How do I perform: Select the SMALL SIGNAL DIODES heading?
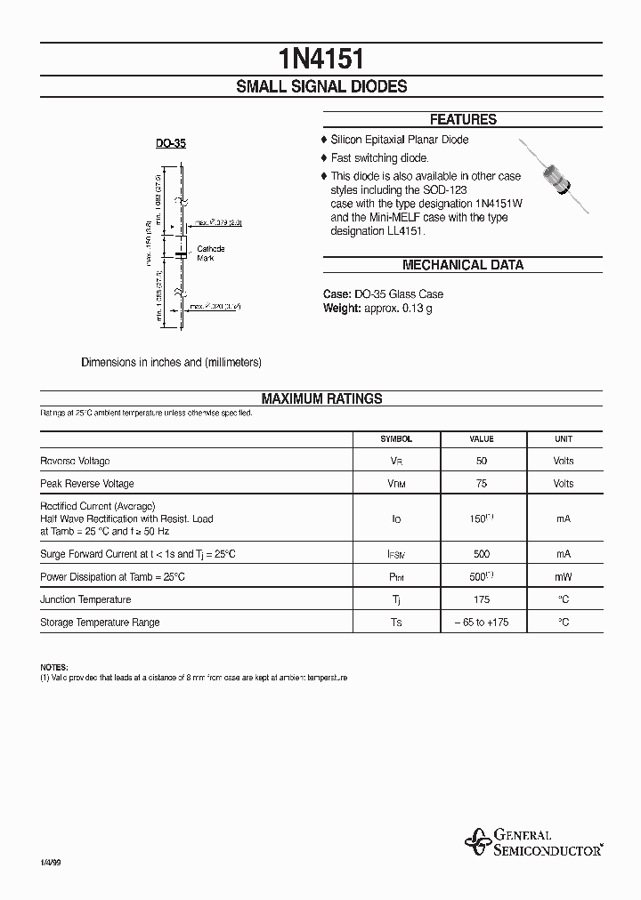click(x=320, y=86)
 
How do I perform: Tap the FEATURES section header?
click(x=462, y=119)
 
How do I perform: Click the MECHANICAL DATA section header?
click(x=462, y=265)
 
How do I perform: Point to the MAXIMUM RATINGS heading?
click(x=321, y=399)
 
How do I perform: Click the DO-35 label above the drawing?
click(x=170, y=142)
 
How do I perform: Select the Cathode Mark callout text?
click(x=211, y=253)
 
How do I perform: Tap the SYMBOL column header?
click(x=396, y=438)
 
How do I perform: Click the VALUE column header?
click(x=482, y=438)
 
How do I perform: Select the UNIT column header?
click(x=564, y=438)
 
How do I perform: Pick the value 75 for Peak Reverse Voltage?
click(x=482, y=484)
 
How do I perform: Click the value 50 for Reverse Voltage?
click(x=482, y=461)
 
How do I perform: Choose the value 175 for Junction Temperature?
click(x=482, y=599)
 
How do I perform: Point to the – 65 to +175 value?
click(x=482, y=623)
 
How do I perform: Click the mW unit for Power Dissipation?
click(x=564, y=576)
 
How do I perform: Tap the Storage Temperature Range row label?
click(x=100, y=623)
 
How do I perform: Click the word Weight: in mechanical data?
click(x=341, y=308)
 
